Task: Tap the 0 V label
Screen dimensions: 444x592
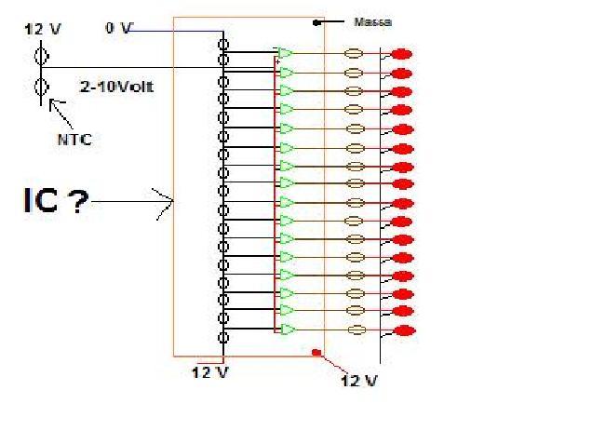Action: (x=118, y=29)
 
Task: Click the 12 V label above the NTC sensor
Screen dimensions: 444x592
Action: (x=42, y=29)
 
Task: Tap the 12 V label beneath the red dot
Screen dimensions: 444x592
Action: (x=358, y=381)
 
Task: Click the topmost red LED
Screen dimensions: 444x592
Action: (x=402, y=55)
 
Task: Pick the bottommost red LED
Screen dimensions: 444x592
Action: (x=403, y=331)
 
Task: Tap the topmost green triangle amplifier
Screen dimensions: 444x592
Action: (x=286, y=53)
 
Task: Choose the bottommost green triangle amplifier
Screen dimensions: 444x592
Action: (x=288, y=330)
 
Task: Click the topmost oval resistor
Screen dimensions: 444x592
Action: (x=354, y=55)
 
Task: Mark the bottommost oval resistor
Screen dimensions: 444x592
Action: (x=355, y=330)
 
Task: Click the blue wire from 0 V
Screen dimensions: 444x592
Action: (x=177, y=33)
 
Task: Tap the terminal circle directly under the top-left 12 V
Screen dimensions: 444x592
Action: (x=41, y=56)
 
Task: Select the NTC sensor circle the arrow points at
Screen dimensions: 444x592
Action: (x=41, y=88)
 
